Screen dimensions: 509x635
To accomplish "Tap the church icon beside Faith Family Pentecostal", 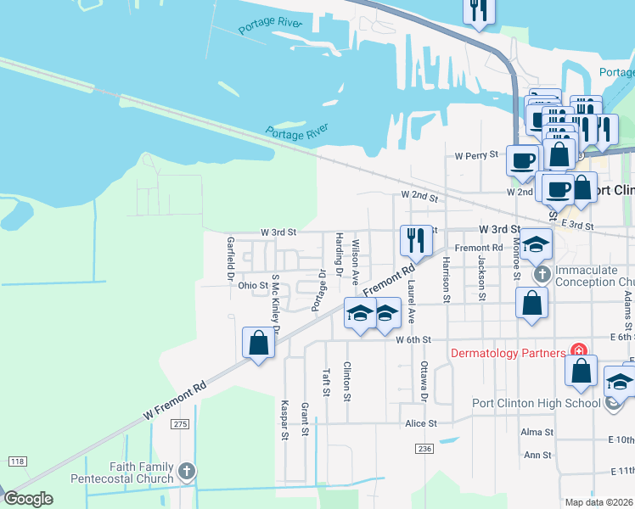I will pyautogui.click(x=188, y=470).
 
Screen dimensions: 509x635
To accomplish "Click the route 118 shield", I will pyautogui.click(x=17, y=461).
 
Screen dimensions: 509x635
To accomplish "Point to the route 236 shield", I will pyautogui.click(x=424, y=447).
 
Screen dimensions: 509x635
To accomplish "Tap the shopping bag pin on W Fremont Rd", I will pyautogui.click(x=259, y=344).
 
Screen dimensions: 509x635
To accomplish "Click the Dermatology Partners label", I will pyautogui.click(x=508, y=353).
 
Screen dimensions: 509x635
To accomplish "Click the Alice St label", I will pyautogui.click(x=420, y=423).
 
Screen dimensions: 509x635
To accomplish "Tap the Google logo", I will pyautogui.click(x=28, y=499).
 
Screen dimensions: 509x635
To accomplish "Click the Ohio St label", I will pyautogui.click(x=253, y=286).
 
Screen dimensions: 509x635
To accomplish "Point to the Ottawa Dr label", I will pyautogui.click(x=425, y=381).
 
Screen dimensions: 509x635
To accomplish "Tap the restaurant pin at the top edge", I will pyautogui.click(x=477, y=11).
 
